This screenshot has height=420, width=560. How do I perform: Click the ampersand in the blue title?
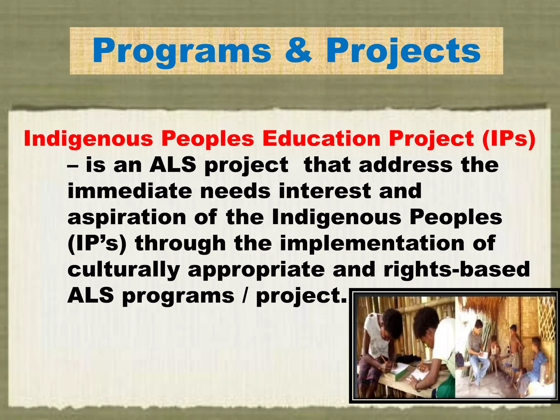(298, 51)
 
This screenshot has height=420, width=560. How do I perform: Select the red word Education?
(321, 139)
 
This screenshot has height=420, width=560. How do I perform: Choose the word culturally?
(124, 270)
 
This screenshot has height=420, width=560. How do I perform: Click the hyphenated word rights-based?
(457, 270)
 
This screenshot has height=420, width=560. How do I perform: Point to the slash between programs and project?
(245, 296)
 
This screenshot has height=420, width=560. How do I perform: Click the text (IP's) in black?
(97, 244)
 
